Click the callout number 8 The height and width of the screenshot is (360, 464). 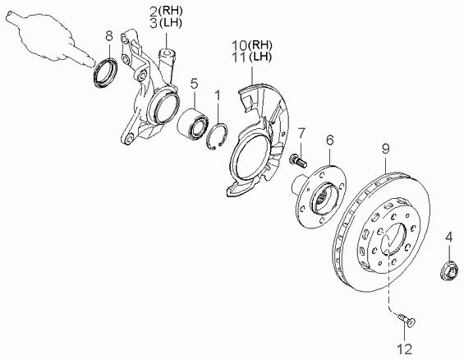(x=109, y=36)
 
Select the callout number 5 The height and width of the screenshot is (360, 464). (x=194, y=84)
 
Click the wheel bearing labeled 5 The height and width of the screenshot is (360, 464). (x=193, y=123)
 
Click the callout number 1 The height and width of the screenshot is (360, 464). (x=218, y=95)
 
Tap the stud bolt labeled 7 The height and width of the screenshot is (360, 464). (x=297, y=160)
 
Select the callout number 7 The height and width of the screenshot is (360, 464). (x=301, y=133)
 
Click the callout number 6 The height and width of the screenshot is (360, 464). (x=330, y=140)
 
